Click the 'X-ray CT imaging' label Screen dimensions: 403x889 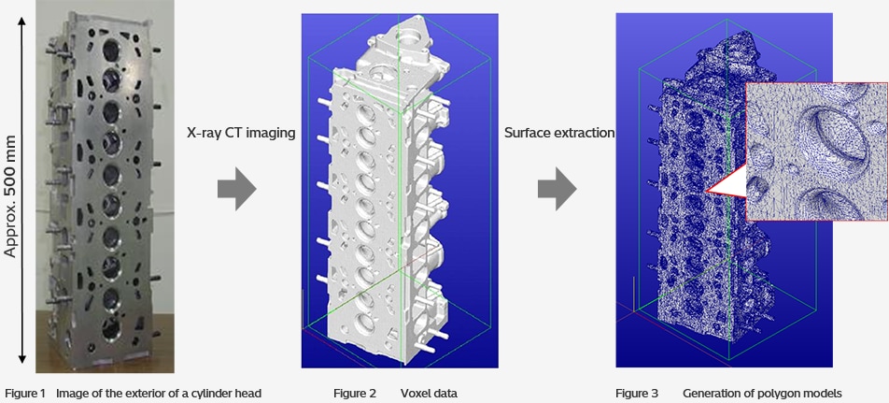(x=240, y=133)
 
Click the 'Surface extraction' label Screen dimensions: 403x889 (x=559, y=133)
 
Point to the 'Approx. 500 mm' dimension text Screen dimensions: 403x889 (x=12, y=195)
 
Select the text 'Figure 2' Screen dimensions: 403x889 (x=355, y=393)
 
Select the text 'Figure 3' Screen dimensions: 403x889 (x=637, y=393)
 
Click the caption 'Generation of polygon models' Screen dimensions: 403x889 (x=762, y=393)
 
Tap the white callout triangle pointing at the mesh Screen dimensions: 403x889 (x=727, y=186)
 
